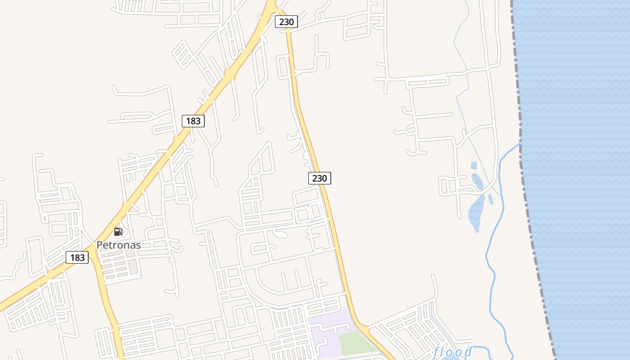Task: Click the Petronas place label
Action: (x=118, y=245)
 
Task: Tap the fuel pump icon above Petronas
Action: (x=118, y=232)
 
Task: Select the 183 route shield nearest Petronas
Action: (x=77, y=257)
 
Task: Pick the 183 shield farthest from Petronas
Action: (x=193, y=121)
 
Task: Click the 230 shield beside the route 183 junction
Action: (x=286, y=22)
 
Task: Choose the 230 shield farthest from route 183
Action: (x=319, y=178)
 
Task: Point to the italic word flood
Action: (x=452, y=352)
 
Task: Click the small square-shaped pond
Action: (x=473, y=166)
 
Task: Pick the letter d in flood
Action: (x=468, y=351)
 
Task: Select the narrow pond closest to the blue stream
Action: (x=490, y=199)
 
